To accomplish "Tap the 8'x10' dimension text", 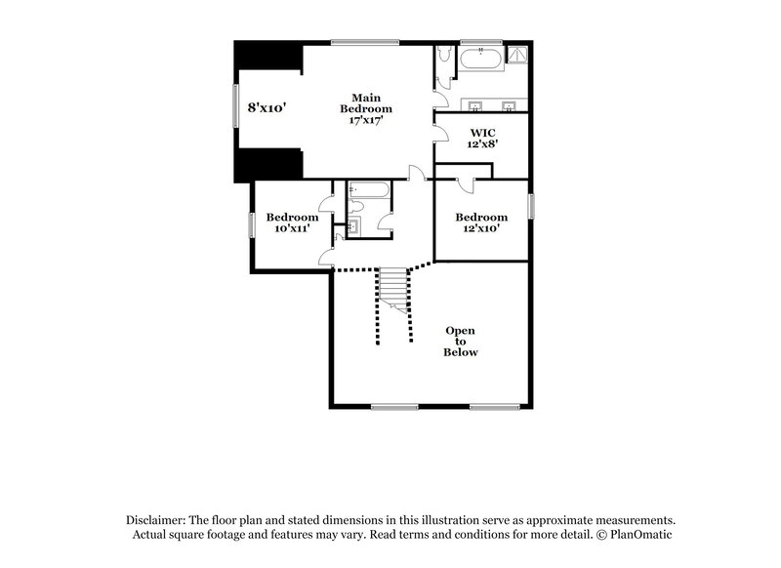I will pos(266,108).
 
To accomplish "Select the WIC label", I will pos(483,137).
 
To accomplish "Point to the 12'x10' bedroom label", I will pos(482,223).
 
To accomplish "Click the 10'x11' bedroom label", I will pos(292,223).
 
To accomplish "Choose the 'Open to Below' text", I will pos(461,342).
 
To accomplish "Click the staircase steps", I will pos(392,287).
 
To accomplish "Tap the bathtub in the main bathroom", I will pos(480,59).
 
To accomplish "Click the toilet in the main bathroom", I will pos(444,61).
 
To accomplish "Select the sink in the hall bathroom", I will pos(353,227).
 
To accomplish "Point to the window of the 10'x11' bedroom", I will pos(252,224).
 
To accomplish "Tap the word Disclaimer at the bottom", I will pos(159,520).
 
